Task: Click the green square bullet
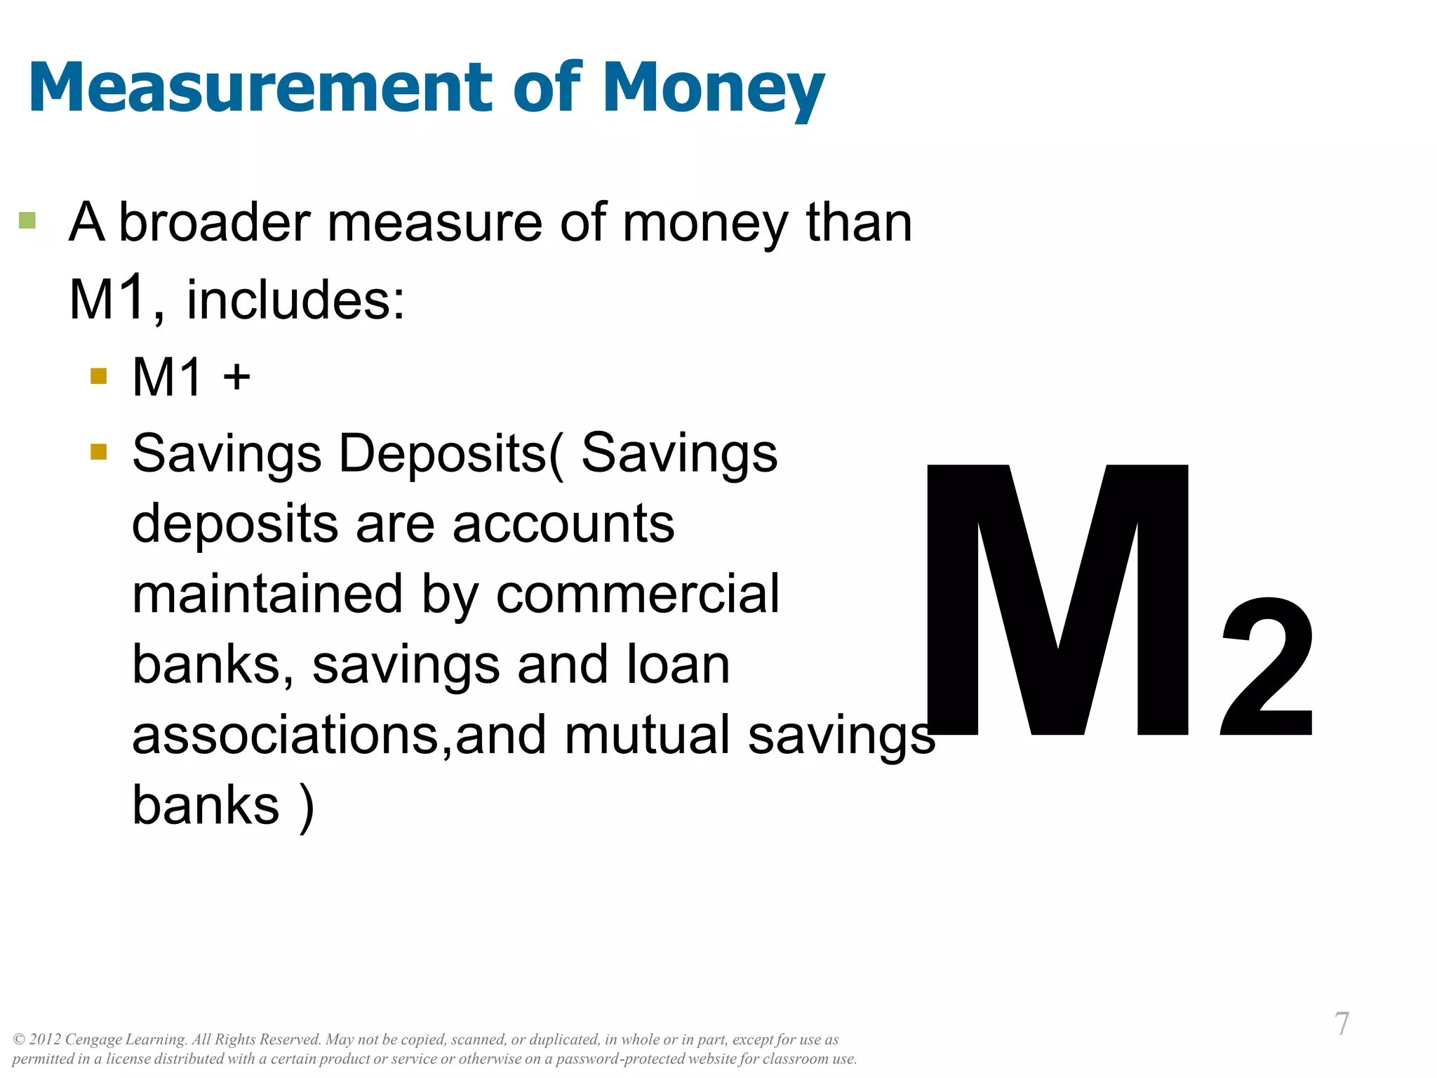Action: pyautogui.click(x=27, y=220)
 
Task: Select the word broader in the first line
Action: pyautogui.click(x=215, y=222)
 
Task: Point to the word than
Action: pyautogui.click(x=859, y=222)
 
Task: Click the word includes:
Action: pyautogui.click(x=295, y=300)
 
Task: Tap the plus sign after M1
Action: pyautogui.click(x=236, y=377)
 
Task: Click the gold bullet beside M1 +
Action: pyautogui.click(x=99, y=376)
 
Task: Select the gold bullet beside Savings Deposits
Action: pyautogui.click(x=99, y=451)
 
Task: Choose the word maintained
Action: pyautogui.click(x=267, y=594)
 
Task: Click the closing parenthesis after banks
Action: pyautogui.click(x=307, y=806)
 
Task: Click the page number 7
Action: pyautogui.click(x=1341, y=1024)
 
